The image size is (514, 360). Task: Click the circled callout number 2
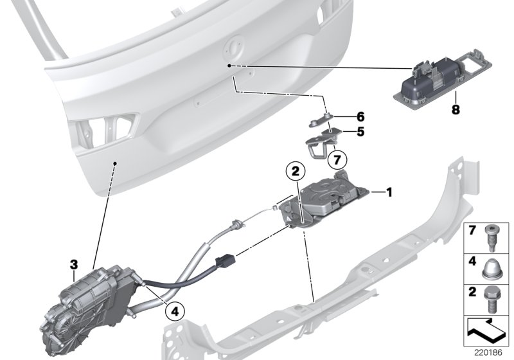coord(296,170)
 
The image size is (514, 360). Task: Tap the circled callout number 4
coord(175,311)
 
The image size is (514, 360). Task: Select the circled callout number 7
coord(337,160)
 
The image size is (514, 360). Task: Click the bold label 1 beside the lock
coord(389,192)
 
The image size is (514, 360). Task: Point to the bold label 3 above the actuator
coord(74,265)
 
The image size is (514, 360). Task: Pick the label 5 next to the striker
coord(360,132)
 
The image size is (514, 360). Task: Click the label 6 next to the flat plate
coord(360,116)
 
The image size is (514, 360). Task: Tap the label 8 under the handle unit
coord(456,109)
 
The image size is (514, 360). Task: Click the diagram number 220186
coord(488,352)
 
